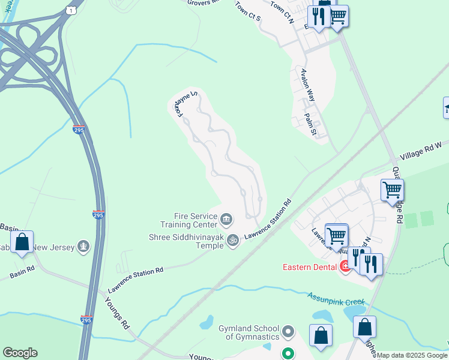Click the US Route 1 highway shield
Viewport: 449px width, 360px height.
tap(72, 11)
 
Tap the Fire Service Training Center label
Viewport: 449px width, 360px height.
tap(195, 220)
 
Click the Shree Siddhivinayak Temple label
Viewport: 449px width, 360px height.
tap(186, 242)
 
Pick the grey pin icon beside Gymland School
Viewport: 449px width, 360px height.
tap(289, 331)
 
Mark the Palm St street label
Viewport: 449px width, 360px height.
tap(310, 124)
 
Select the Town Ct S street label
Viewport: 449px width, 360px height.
tap(248, 11)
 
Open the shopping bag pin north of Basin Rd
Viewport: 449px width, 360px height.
tap(22, 242)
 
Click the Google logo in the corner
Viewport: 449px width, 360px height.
tap(20, 353)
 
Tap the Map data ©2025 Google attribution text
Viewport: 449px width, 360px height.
tap(412, 355)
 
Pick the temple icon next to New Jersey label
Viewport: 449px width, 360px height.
tap(83, 246)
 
